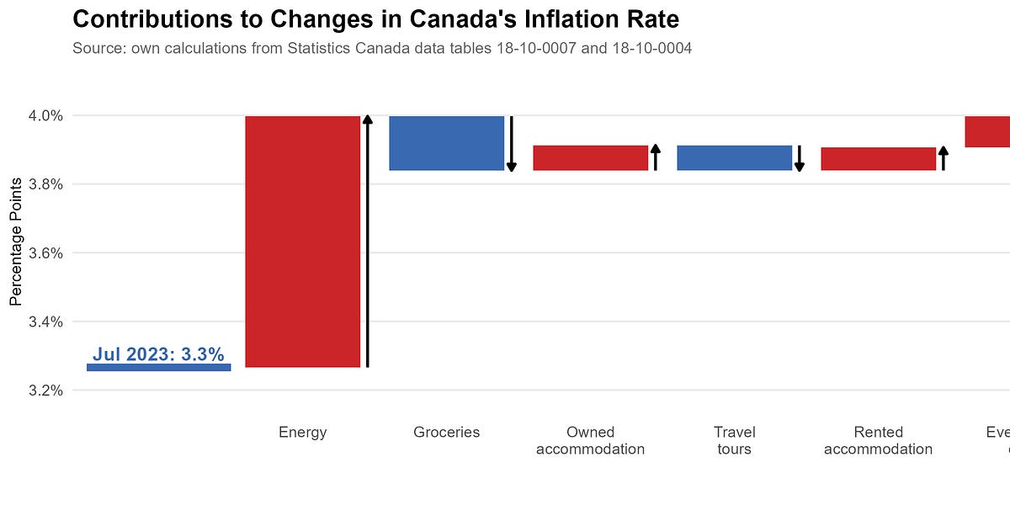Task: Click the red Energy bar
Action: tap(302, 242)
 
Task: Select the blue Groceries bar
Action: tap(446, 143)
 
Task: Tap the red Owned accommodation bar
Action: tap(590, 157)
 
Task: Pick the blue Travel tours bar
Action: tap(734, 157)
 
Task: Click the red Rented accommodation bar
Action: tap(878, 158)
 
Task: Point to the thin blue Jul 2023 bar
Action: tap(158, 367)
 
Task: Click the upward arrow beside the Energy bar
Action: tap(367, 242)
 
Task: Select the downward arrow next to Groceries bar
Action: tap(511, 143)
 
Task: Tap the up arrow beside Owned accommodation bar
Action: tap(656, 157)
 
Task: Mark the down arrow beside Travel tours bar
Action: tap(800, 157)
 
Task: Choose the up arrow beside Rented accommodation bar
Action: tap(944, 158)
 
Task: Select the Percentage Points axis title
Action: tap(16, 252)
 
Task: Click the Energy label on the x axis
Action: tap(302, 433)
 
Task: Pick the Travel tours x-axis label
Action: tap(734, 440)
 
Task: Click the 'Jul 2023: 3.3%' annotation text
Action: tap(158, 354)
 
